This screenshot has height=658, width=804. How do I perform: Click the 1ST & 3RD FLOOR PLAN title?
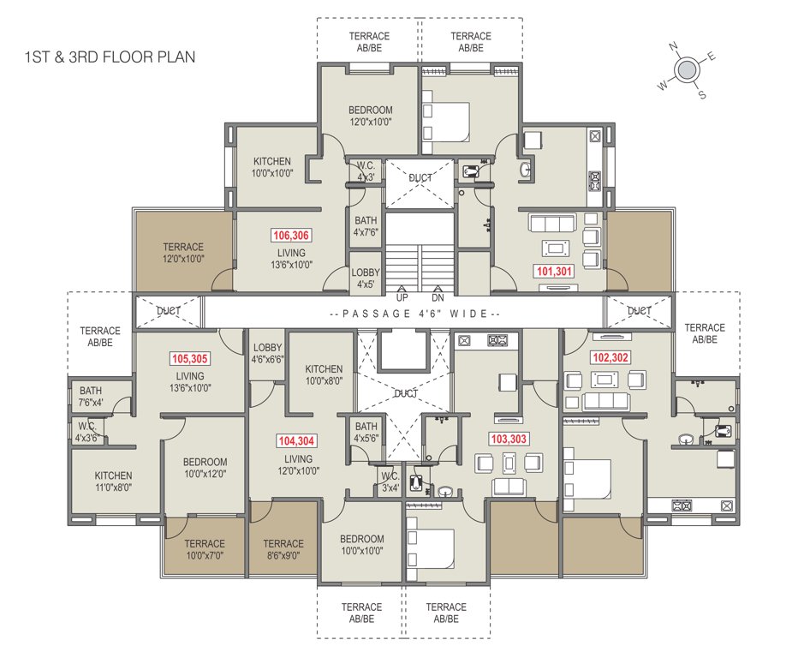click(110, 58)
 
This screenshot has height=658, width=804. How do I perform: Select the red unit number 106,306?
click(291, 235)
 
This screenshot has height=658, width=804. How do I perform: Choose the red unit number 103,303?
click(508, 439)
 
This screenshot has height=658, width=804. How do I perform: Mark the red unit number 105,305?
click(190, 359)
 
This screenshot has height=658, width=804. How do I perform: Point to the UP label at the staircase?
click(402, 297)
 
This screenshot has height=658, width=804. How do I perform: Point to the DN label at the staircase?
click(438, 297)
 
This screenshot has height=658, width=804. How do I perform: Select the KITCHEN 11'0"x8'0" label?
click(113, 482)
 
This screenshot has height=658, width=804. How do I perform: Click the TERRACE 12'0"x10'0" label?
click(183, 253)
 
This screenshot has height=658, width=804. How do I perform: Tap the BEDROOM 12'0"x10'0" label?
click(370, 116)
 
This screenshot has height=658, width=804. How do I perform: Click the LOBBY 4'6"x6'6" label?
click(267, 354)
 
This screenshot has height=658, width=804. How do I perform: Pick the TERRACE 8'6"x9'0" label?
click(283, 549)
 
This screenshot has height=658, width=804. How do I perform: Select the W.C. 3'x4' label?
click(390, 482)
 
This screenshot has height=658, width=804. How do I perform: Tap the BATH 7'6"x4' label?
click(91, 397)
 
